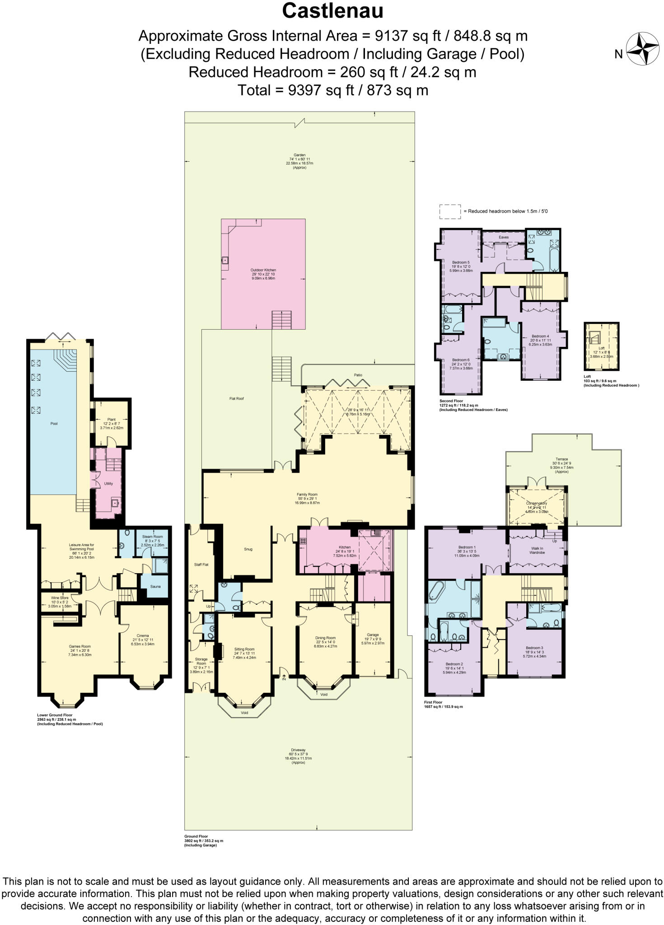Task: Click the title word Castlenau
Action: [332, 11]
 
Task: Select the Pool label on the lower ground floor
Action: [54, 424]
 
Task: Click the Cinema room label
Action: [143, 635]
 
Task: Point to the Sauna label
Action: [154, 586]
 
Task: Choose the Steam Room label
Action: [152, 537]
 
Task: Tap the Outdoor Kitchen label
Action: [263, 270]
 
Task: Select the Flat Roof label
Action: [237, 399]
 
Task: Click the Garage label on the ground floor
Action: [373, 635]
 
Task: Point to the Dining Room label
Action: [325, 638]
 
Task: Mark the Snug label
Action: [248, 549]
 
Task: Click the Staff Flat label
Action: [201, 565]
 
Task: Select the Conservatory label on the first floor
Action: [537, 503]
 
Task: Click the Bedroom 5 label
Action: [461, 262]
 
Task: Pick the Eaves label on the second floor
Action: [504, 237]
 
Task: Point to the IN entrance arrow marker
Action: [284, 676]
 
